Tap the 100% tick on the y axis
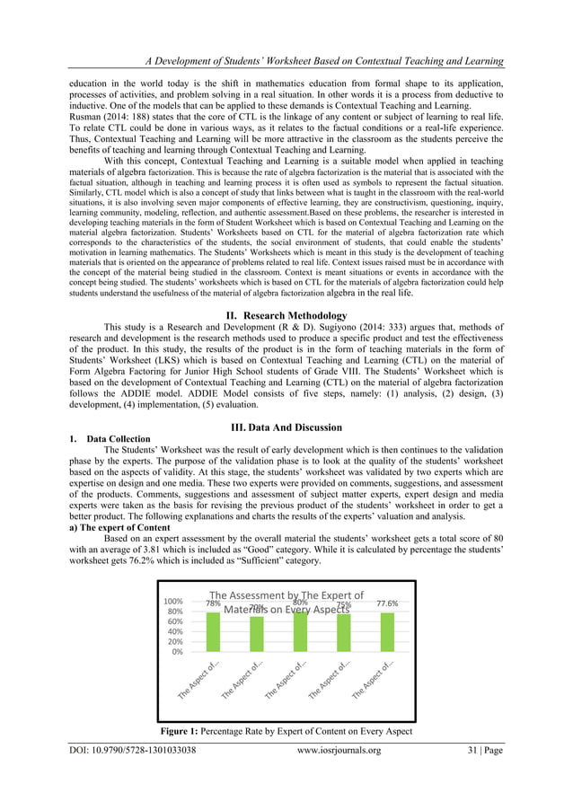pyautogui.click(x=172, y=600)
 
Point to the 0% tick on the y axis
pyautogui.click(x=177, y=652)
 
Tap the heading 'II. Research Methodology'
pyautogui.click(x=286, y=315)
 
